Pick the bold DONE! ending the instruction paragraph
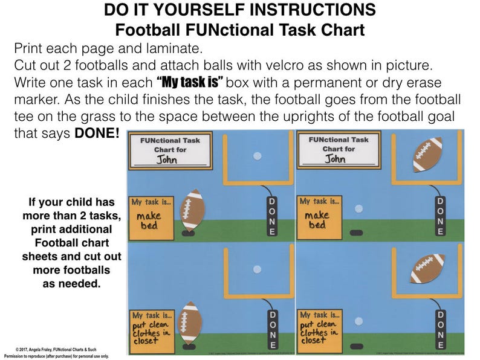coord(97,133)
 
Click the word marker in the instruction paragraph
coord(37,99)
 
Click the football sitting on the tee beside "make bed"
coord(193,210)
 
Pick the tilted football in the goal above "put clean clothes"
coord(428,267)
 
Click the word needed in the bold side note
coord(82,283)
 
